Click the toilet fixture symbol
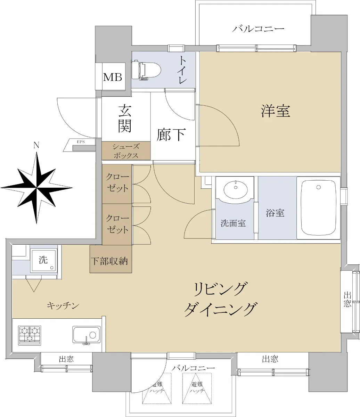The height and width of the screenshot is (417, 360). coord(146,70)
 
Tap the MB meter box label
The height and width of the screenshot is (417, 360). coord(113,77)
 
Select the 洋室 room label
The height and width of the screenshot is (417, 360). coord(276,111)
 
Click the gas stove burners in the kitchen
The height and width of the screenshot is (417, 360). coord(30,335)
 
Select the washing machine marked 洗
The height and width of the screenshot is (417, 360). coord(43,260)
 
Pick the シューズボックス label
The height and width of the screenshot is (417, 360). coord(126,151)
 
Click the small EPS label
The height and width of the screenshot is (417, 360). coord(81,142)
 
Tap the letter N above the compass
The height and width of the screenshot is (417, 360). coord(36,145)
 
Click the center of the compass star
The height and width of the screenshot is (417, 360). coord(36,188)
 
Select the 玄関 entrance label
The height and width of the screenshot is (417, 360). coord(125,118)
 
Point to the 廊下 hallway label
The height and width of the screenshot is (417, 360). coord(171,134)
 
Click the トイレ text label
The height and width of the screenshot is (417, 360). coord(183,69)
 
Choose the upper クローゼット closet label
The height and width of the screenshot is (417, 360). coord(117,182)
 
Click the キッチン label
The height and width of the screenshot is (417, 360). coord(63,306)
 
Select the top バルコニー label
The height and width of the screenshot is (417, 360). coord(258,28)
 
